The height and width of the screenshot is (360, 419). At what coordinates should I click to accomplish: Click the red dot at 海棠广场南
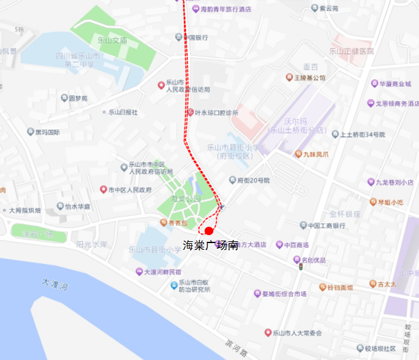209,231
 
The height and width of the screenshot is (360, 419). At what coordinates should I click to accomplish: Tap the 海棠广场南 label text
210,246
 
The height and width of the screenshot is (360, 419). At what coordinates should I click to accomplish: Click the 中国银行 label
196,37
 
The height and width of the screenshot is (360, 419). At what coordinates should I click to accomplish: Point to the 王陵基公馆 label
309,78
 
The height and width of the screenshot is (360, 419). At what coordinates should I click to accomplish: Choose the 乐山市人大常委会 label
297,332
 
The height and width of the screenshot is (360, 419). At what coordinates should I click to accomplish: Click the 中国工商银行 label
318,225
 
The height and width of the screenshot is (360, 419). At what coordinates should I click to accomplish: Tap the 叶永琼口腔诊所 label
216,113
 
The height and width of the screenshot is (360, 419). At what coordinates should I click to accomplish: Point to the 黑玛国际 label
47,132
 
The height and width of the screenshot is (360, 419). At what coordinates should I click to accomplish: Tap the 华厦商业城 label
394,83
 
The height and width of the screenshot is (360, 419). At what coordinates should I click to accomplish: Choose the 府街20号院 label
254,180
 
